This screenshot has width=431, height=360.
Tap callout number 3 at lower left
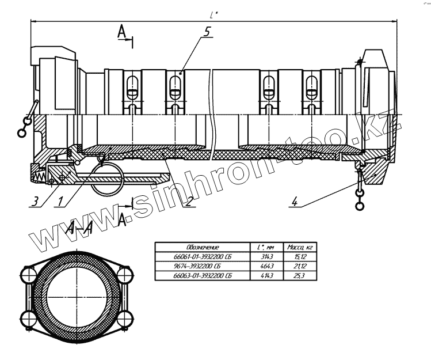click(x=36, y=200)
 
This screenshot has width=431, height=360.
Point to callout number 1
click(x=60, y=202)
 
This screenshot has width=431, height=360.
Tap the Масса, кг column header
click(x=299, y=247)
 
